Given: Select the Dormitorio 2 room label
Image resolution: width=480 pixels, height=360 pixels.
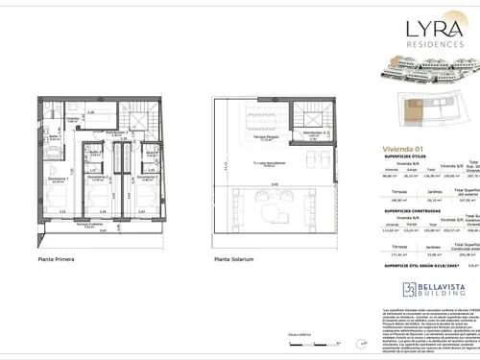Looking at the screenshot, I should pyautogui.click(x=100, y=180).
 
